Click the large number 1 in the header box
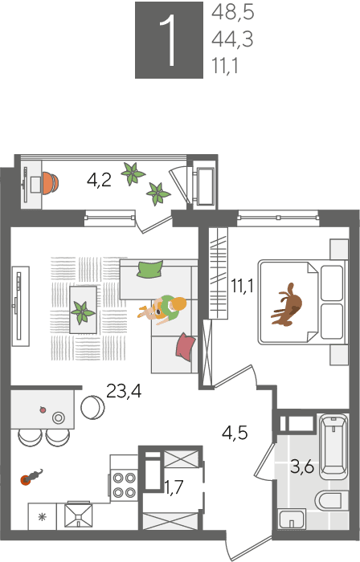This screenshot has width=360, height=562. point(169,40)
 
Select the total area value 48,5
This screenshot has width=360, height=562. point(233,13)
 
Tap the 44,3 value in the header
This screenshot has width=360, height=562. point(232,39)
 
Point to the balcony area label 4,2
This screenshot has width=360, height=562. point(99,180)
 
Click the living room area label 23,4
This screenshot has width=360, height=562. point(124,391)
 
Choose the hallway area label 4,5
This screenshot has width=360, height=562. point(235,433)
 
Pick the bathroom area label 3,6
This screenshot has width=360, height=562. point(302,466)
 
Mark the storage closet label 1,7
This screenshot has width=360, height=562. point(174,487)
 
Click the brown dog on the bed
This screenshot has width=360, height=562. point(287,305)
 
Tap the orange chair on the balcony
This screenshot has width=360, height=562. point(50,184)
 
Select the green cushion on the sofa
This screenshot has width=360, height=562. point(149,269)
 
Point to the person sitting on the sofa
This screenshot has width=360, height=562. point(163,308)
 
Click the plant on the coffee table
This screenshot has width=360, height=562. point(83,312)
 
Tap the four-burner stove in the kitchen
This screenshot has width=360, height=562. point(124,485)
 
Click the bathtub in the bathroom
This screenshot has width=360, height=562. point(333,446)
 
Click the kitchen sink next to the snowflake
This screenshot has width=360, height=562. point(78,515)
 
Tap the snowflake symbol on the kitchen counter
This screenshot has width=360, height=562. point(43,517)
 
